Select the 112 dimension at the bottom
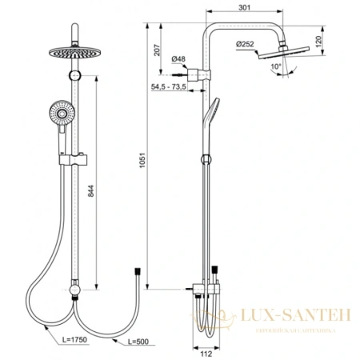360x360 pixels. point(206,349)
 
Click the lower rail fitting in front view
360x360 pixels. point(74,288)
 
